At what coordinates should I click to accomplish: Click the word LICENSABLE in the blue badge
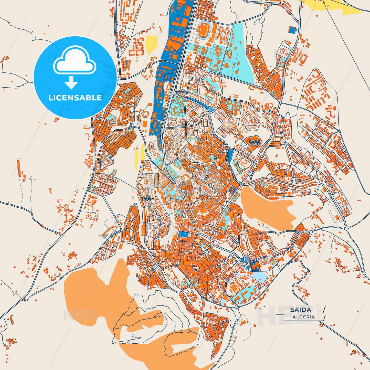click(75, 98)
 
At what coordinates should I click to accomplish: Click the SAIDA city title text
click(301, 310)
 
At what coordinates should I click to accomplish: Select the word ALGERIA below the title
click(304, 317)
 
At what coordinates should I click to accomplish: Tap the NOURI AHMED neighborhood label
click(254, 143)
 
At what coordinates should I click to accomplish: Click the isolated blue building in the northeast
click(292, 30)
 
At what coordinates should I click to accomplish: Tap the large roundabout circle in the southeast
click(244, 264)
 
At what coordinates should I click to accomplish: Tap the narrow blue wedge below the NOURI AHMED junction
click(230, 155)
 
